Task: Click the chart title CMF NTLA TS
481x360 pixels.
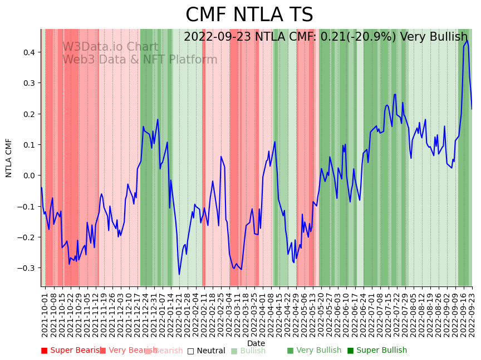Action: point(249,15)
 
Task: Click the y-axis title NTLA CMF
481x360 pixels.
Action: point(9,158)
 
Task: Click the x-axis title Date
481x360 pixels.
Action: point(256,343)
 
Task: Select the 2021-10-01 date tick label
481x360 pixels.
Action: point(45,312)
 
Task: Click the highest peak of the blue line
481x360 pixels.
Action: point(467,41)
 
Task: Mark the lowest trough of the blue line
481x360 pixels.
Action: point(179,274)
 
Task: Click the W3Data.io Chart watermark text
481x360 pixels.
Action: point(110,47)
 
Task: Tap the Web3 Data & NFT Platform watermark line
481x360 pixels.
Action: point(139,60)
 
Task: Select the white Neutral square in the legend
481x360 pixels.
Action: point(190,351)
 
